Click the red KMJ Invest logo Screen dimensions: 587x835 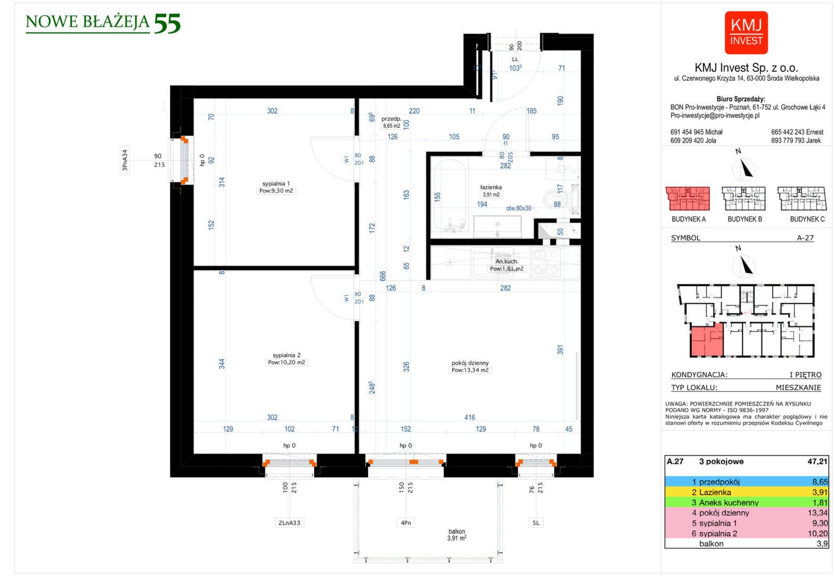point(746,32)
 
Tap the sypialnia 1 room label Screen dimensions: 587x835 point(276,184)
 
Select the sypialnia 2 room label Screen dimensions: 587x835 point(286,355)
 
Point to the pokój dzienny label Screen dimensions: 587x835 point(470,363)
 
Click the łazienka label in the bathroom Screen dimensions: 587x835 point(490,187)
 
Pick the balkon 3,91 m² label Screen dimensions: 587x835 point(456,535)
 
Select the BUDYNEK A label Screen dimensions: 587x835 point(689,219)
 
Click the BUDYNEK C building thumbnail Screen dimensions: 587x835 point(800,198)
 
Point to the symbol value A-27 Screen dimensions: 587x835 point(805,238)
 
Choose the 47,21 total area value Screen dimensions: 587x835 point(817,462)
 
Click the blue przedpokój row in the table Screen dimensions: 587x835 point(746,482)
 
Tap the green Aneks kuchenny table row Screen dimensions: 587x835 point(746,502)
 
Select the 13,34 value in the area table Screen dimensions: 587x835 point(817,513)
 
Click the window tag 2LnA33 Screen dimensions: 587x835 point(289,523)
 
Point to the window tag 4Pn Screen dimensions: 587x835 point(406,523)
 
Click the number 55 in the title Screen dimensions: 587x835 point(167,24)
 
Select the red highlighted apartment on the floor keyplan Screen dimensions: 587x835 point(706,341)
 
